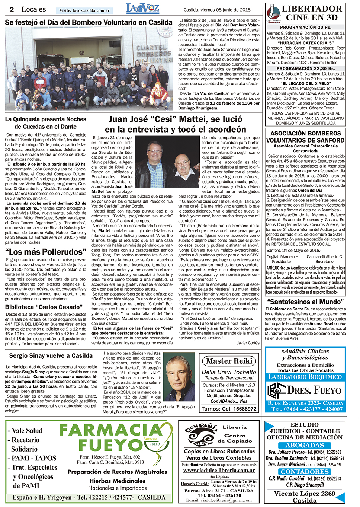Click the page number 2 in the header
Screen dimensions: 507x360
12,10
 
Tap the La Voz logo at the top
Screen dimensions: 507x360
142,9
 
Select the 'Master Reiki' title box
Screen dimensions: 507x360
229,361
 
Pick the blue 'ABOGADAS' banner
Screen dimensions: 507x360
305,445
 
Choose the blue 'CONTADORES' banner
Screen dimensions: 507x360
305,472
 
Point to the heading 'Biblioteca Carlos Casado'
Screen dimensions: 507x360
44,307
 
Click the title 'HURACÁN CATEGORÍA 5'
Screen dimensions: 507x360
305,43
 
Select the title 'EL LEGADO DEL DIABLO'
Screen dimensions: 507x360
305,84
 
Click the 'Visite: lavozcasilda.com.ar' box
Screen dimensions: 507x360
84,10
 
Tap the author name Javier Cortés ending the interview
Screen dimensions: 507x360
248,343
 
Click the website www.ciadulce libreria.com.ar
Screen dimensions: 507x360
219,470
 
